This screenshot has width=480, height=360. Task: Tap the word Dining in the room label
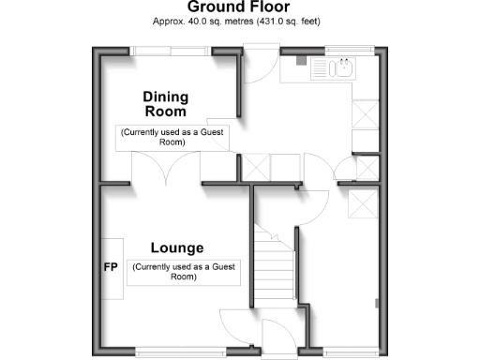[166, 97]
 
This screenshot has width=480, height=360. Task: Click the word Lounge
[177, 248]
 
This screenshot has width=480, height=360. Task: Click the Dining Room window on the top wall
[168, 50]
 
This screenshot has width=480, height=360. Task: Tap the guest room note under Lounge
[186, 272]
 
